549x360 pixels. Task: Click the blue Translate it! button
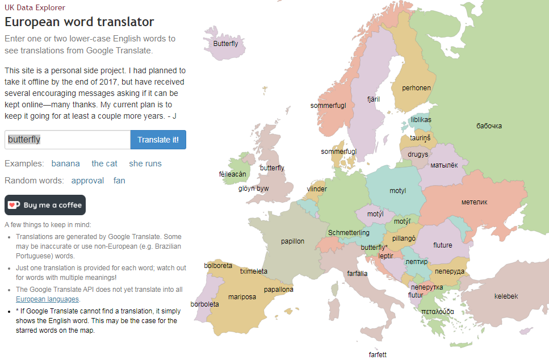(158, 140)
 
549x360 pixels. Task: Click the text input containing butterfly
(68, 140)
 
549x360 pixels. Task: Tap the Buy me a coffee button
(45, 205)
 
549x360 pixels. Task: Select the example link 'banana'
(65, 164)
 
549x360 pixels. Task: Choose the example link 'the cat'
(104, 164)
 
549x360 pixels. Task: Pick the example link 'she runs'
(145, 164)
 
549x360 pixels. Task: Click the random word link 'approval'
(87, 181)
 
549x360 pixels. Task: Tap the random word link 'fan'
(119, 181)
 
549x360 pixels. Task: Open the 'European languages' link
(48, 299)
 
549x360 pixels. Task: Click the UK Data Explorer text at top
(35, 8)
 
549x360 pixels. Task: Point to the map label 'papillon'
(292, 241)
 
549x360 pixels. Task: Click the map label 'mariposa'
(242, 297)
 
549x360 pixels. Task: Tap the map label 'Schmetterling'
(349, 233)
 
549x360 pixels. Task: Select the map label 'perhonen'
(416, 88)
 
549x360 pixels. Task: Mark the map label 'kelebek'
(506, 296)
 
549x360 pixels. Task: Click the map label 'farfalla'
(357, 274)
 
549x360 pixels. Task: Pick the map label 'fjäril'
(373, 99)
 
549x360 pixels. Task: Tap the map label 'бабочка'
(489, 126)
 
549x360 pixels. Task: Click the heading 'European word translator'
(79, 22)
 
